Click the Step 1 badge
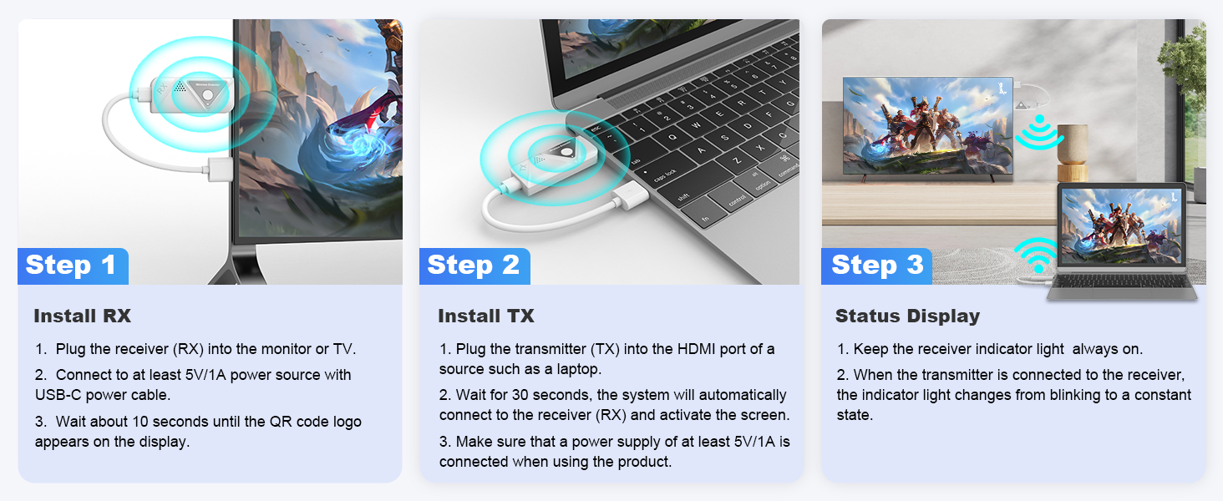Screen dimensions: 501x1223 tap(71, 266)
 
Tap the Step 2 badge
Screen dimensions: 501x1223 tap(473, 266)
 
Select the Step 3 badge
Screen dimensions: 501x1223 tap(877, 266)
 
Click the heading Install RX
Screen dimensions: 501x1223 tap(82, 316)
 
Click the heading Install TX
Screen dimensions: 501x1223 tap(485, 316)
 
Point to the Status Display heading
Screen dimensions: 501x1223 tap(907, 316)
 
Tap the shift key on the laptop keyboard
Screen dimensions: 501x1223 tap(683, 197)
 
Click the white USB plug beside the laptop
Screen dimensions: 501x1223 tap(632, 199)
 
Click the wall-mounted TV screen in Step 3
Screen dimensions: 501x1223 tap(927, 125)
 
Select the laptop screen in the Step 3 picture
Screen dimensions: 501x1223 tap(1121, 226)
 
